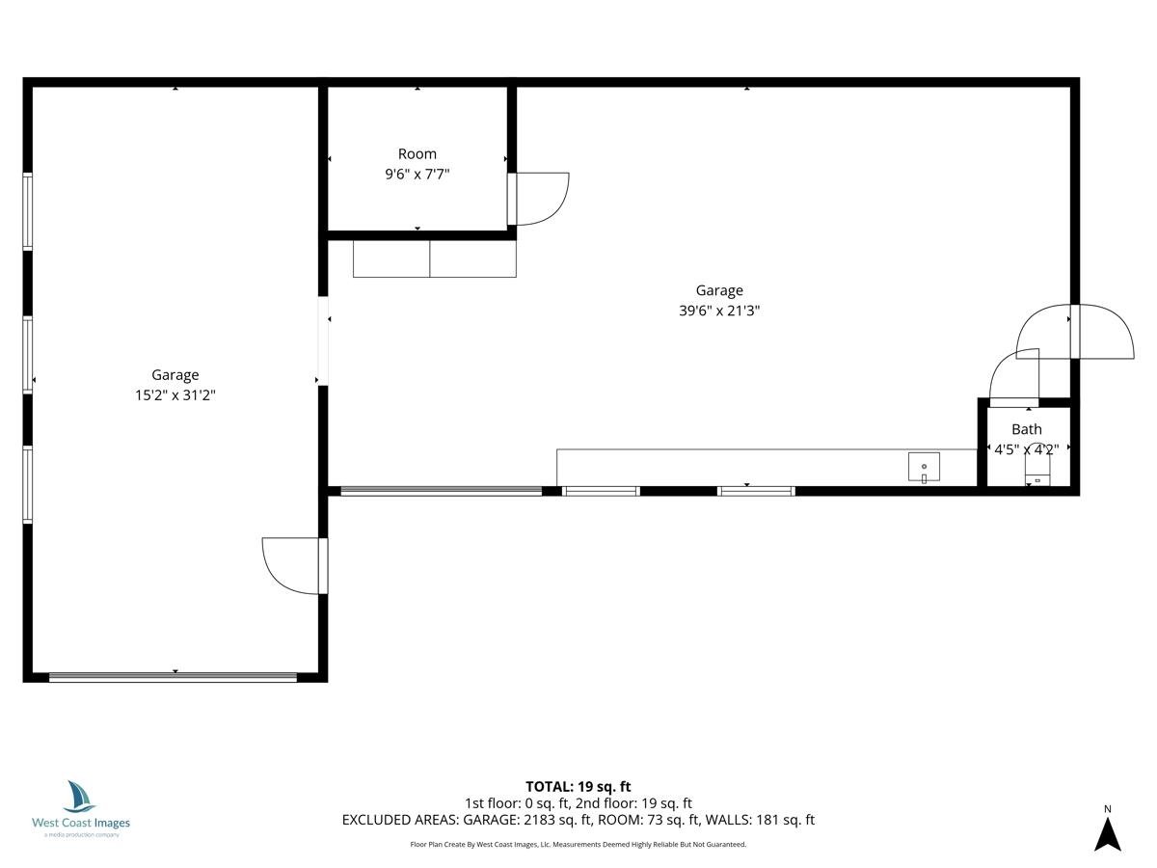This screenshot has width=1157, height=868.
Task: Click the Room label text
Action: (x=417, y=154)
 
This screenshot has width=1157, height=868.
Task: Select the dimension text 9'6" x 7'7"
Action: (x=417, y=174)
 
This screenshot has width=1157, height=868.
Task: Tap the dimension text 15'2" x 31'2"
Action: (x=175, y=394)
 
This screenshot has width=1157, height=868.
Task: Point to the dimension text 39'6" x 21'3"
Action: (x=719, y=311)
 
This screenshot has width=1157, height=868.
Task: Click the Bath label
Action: (x=1026, y=429)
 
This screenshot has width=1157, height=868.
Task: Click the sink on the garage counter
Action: (x=924, y=467)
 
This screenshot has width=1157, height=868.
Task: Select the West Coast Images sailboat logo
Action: (x=79, y=797)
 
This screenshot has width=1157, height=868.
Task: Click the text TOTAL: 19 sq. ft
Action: (x=578, y=786)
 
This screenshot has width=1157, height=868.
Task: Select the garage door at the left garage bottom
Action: (x=173, y=677)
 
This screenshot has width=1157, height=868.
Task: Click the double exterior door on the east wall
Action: (x=1075, y=332)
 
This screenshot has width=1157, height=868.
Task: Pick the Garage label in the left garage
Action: (x=175, y=375)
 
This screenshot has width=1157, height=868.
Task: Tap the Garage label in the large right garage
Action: (x=719, y=290)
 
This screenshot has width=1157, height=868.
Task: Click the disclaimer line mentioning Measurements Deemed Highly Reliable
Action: (x=578, y=844)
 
